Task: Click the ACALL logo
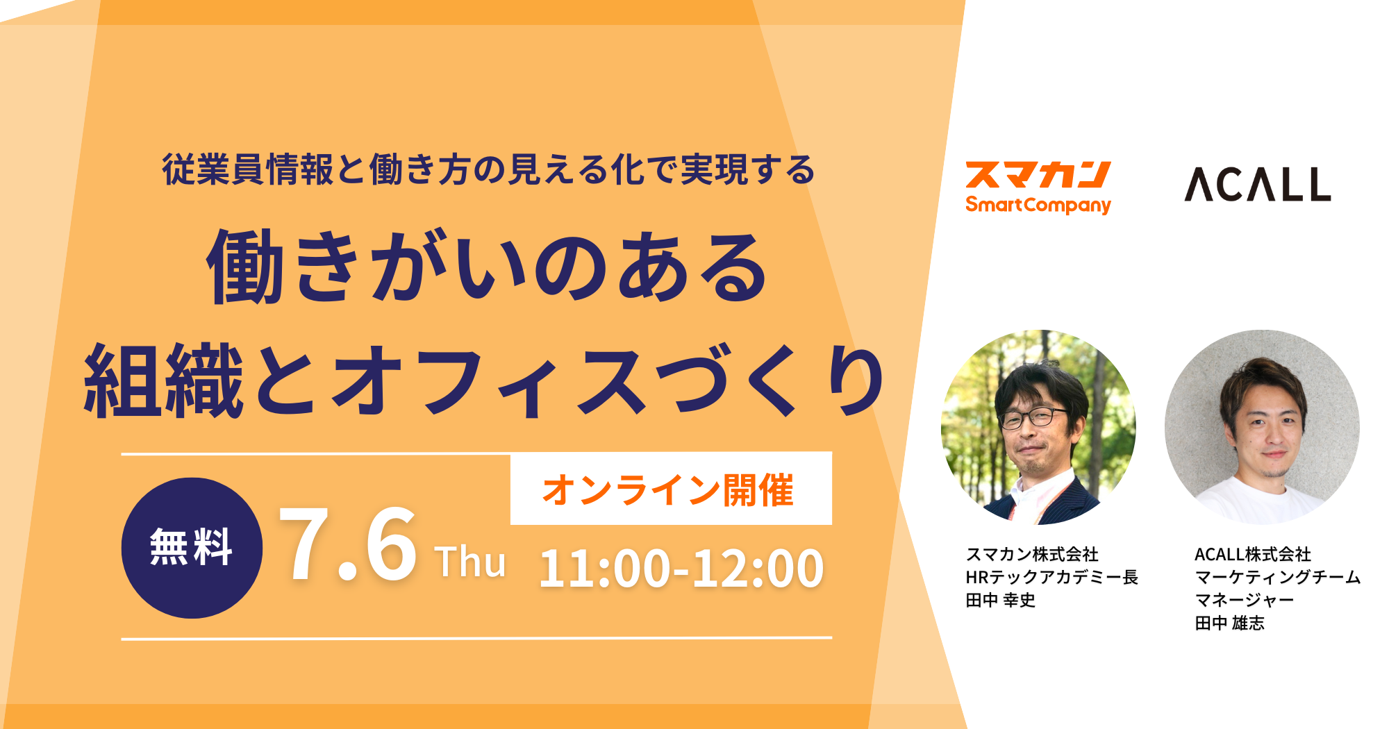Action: pyautogui.click(x=1257, y=184)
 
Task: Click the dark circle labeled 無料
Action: pyautogui.click(x=192, y=548)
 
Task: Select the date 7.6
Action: pyautogui.click(x=347, y=545)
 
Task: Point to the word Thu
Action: pyautogui.click(x=470, y=562)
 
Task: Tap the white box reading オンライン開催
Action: pyautogui.click(x=671, y=489)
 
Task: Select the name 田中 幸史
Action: pyautogui.click(x=1000, y=600)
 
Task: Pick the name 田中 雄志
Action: pyautogui.click(x=1229, y=623)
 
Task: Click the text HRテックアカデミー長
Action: pyautogui.click(x=1051, y=577)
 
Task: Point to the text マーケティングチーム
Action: pyautogui.click(x=1277, y=577)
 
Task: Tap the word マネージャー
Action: pyautogui.click(x=1244, y=600)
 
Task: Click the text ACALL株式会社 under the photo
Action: pyautogui.click(x=1252, y=554)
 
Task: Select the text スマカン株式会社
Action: pyautogui.click(x=1032, y=554)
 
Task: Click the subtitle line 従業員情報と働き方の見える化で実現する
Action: pyautogui.click(x=488, y=169)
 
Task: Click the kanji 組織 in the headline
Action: pyautogui.click(x=164, y=382)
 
